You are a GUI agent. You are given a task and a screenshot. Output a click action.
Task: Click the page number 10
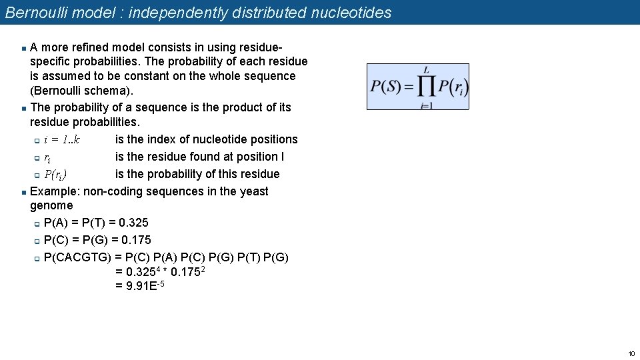point(631,353)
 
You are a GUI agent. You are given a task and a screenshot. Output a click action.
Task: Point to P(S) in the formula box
point(385,87)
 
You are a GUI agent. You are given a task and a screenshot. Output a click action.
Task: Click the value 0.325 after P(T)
point(133,223)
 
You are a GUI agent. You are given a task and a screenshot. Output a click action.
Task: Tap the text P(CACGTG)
point(76,257)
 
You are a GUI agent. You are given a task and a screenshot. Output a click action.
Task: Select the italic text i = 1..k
point(62,139)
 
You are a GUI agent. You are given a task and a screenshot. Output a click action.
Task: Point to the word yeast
point(253,191)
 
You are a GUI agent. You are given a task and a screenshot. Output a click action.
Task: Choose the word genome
point(51,205)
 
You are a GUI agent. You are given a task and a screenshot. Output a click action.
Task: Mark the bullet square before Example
point(23,192)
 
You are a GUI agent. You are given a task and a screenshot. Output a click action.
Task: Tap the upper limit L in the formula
point(426,70)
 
